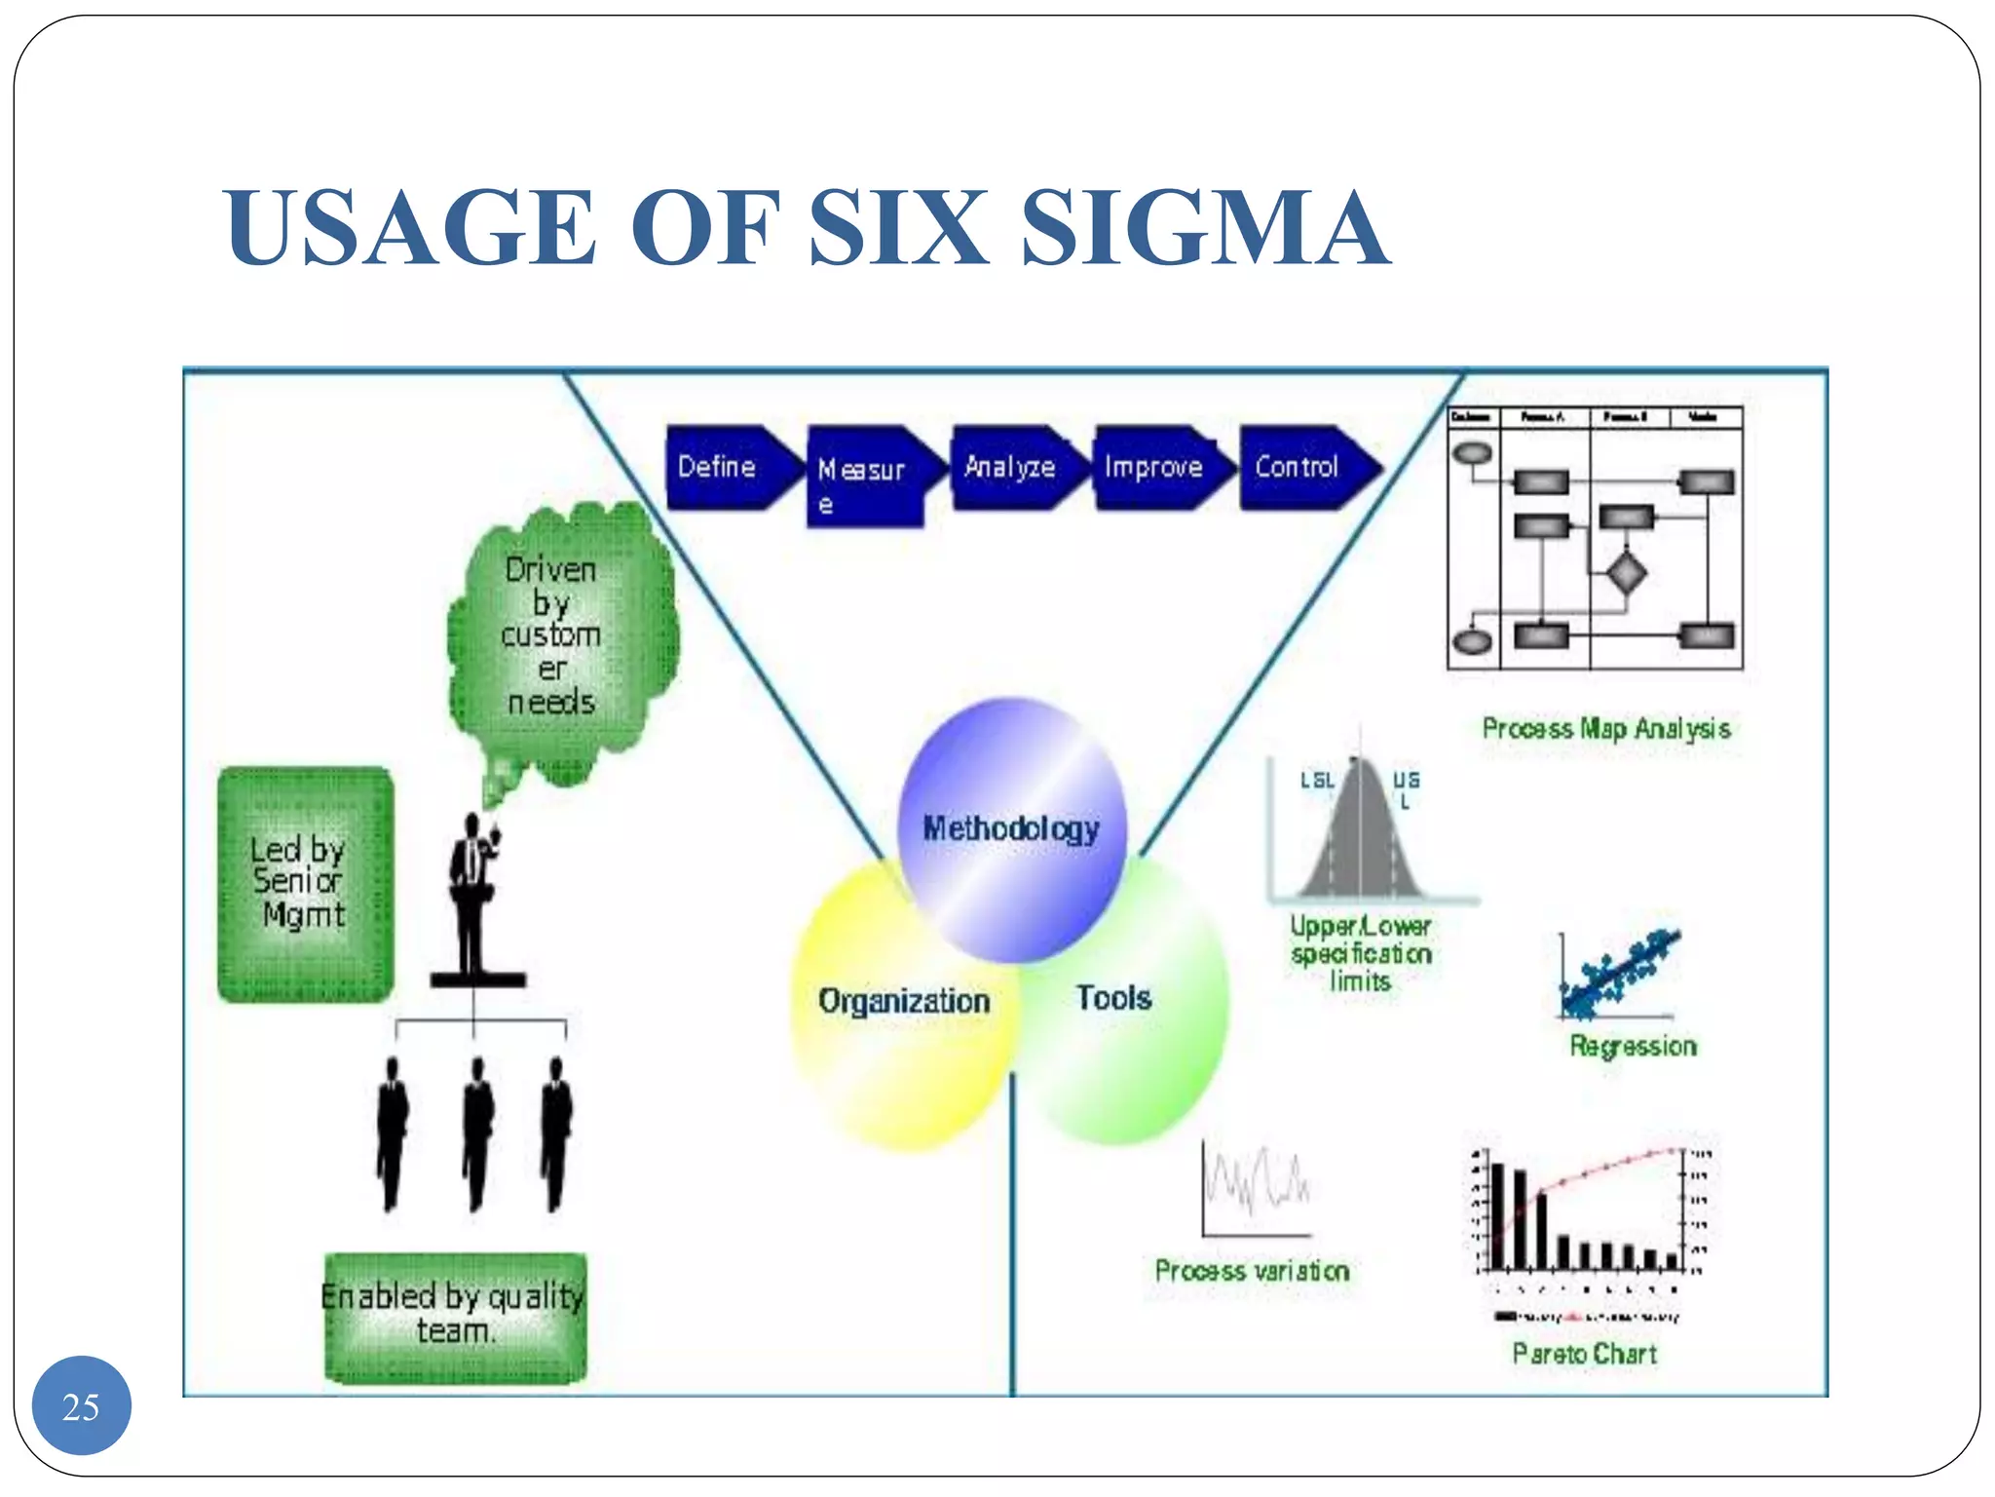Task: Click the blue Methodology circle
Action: tap(1011, 828)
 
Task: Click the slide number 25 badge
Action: tap(81, 1405)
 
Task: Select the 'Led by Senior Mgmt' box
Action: tap(305, 884)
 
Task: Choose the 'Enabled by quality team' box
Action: tap(455, 1316)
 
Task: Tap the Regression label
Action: tap(1633, 1047)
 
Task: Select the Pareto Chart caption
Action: tap(1585, 1354)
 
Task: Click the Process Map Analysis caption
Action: tap(1605, 729)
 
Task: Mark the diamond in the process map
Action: tap(1625, 573)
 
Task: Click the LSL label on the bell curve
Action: tap(1317, 781)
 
